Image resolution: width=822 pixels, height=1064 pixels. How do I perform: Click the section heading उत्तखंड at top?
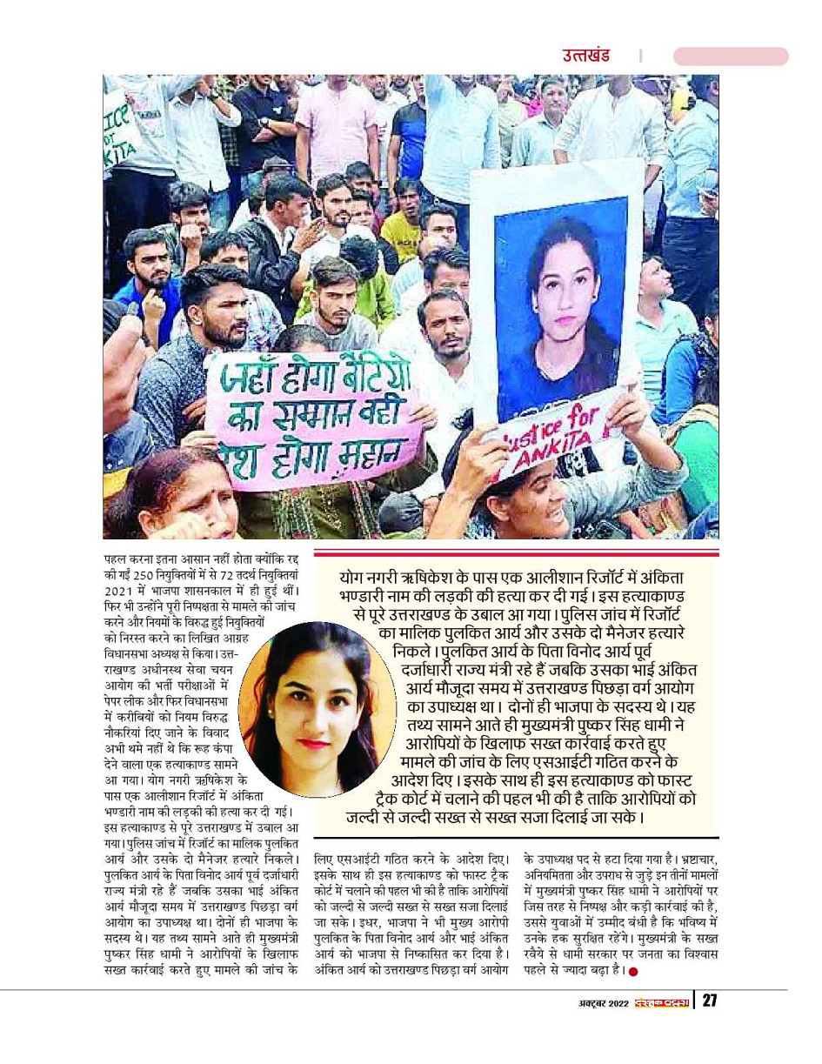click(x=585, y=56)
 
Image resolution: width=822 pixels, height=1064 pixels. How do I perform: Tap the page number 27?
click(x=710, y=1000)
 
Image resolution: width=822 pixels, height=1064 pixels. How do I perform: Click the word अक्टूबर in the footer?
click(x=580, y=1001)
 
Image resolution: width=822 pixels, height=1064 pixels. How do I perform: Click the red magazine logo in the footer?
click(x=662, y=1001)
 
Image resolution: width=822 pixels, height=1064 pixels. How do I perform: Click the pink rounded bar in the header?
click(x=730, y=57)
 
